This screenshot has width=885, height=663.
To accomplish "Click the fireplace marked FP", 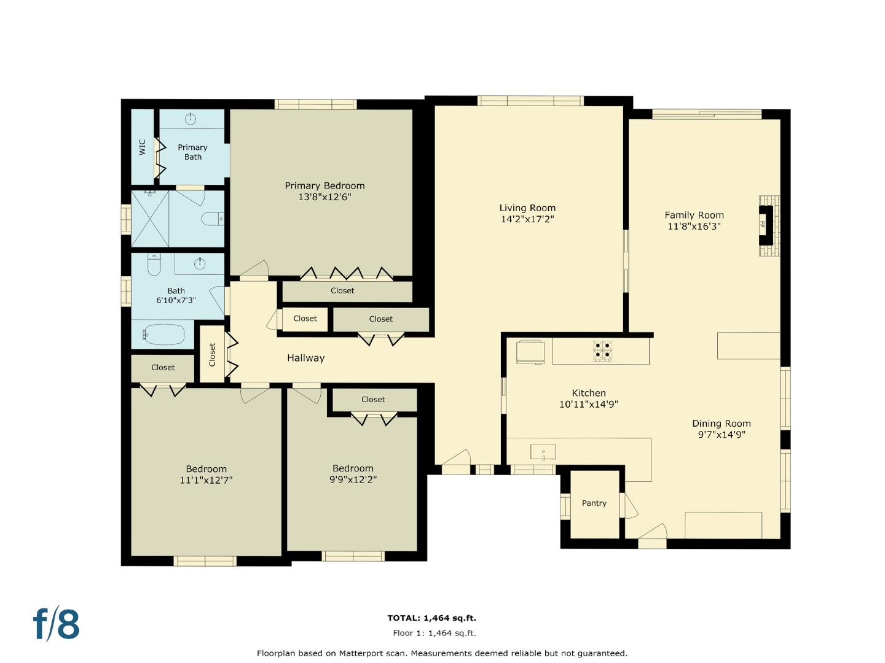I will coord(765,225).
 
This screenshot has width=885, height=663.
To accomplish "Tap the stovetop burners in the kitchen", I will coord(602,350).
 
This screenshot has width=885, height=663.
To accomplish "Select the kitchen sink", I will coord(543,452).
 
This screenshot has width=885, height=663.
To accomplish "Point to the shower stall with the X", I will coord(150,219).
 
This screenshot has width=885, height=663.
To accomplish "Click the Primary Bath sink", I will coord(191,118).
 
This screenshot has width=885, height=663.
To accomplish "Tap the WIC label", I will coord(142,147).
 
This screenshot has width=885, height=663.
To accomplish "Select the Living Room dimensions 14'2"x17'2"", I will coord(527,219).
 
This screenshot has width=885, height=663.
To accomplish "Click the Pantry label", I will coord(594,503).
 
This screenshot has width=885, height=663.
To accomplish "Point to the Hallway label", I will coord(305,358).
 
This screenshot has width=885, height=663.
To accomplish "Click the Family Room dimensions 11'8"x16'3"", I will coord(694,226).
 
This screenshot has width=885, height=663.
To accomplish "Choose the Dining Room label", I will coord(721,423).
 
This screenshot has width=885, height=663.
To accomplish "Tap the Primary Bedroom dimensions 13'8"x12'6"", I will coord(324,197).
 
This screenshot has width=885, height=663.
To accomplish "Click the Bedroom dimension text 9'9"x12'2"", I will coord(353,479).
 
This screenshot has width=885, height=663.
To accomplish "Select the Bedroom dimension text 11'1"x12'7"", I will coord(206,480).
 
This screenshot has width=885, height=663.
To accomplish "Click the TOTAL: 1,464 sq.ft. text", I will coord(431,618).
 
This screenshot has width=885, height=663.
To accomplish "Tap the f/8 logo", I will coord(56,624).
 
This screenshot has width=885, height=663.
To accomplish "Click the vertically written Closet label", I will coord(212,354).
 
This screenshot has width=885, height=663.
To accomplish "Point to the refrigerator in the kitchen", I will coord(530,352).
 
